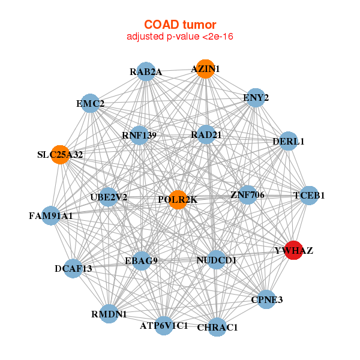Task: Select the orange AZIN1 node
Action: [x=205, y=69]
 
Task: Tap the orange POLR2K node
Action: [x=178, y=199]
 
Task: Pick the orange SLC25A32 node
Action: [x=60, y=154]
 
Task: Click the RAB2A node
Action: [x=146, y=72]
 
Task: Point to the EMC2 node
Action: [x=90, y=104]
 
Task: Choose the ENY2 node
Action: [x=256, y=97]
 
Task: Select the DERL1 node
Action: [x=289, y=142]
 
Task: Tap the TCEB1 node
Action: [x=308, y=195]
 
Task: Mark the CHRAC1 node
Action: [x=218, y=327]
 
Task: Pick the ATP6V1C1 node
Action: [x=164, y=326]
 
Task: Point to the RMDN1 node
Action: [x=109, y=313]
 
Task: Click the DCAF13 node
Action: [x=73, y=268]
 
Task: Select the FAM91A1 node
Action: [x=50, y=215]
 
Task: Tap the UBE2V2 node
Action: [x=109, y=196]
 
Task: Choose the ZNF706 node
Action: [x=247, y=195]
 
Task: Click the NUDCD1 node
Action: [x=217, y=260]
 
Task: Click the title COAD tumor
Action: [x=180, y=25]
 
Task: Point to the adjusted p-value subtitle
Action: [x=180, y=37]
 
